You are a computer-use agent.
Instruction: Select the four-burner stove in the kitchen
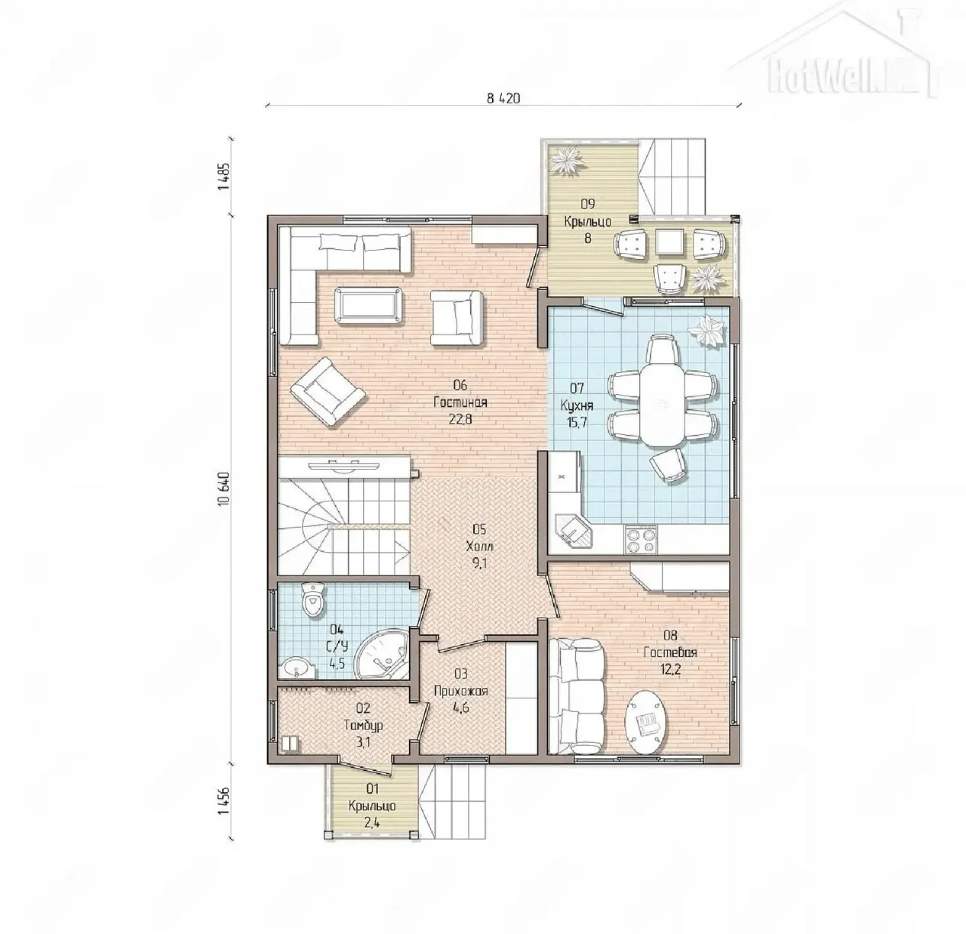641,540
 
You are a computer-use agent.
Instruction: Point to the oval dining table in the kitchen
662,405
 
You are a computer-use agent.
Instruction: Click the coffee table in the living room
369,306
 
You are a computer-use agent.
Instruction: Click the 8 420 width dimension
503,98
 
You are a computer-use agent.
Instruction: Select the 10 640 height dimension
223,489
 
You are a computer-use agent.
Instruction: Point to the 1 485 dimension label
223,176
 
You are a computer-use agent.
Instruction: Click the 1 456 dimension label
223,801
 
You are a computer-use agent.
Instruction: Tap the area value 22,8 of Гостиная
460,419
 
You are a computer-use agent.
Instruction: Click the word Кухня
577,405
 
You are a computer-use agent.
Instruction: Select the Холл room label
479,547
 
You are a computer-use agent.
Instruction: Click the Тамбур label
364,726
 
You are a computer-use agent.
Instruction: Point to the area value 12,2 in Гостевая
670,669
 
